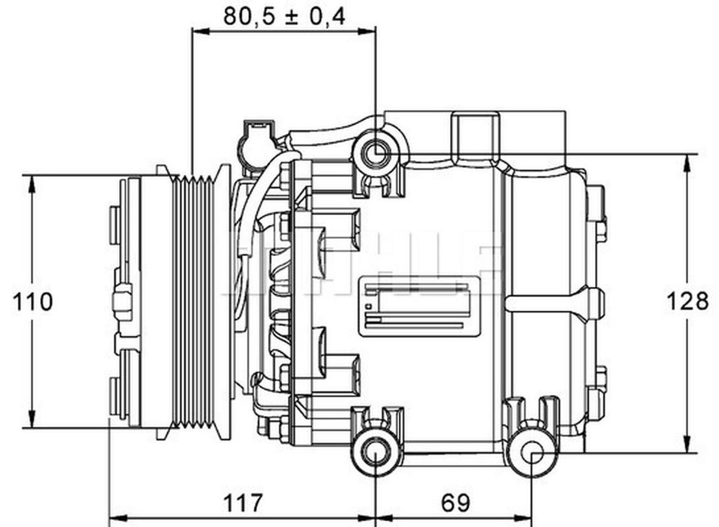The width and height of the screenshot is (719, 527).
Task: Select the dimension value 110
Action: (33, 302)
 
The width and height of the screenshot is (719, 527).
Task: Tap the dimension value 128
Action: (686, 302)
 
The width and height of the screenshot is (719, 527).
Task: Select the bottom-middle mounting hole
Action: (375, 453)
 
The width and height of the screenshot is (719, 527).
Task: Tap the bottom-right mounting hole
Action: (531, 453)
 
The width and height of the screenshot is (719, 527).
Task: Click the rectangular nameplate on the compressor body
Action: (420, 306)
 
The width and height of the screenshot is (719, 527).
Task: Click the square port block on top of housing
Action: (475, 135)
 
